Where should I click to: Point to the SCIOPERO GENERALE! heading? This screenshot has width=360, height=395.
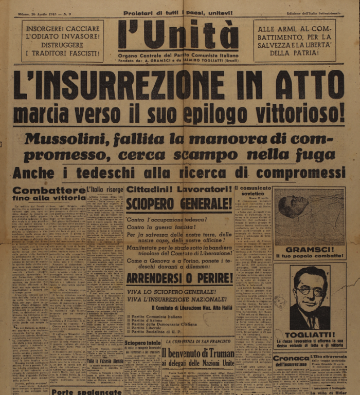coord(179,204)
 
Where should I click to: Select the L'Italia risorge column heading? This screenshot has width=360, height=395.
coord(105,190)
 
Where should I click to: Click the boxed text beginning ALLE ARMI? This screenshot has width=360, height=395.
coord(295,41)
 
